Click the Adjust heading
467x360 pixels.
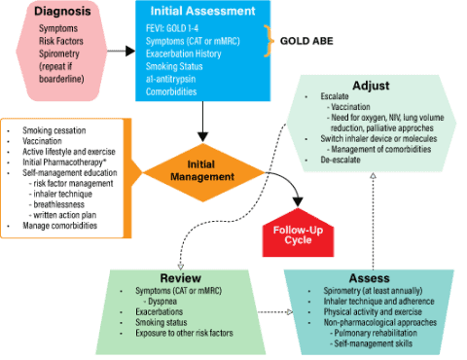[372, 85]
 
